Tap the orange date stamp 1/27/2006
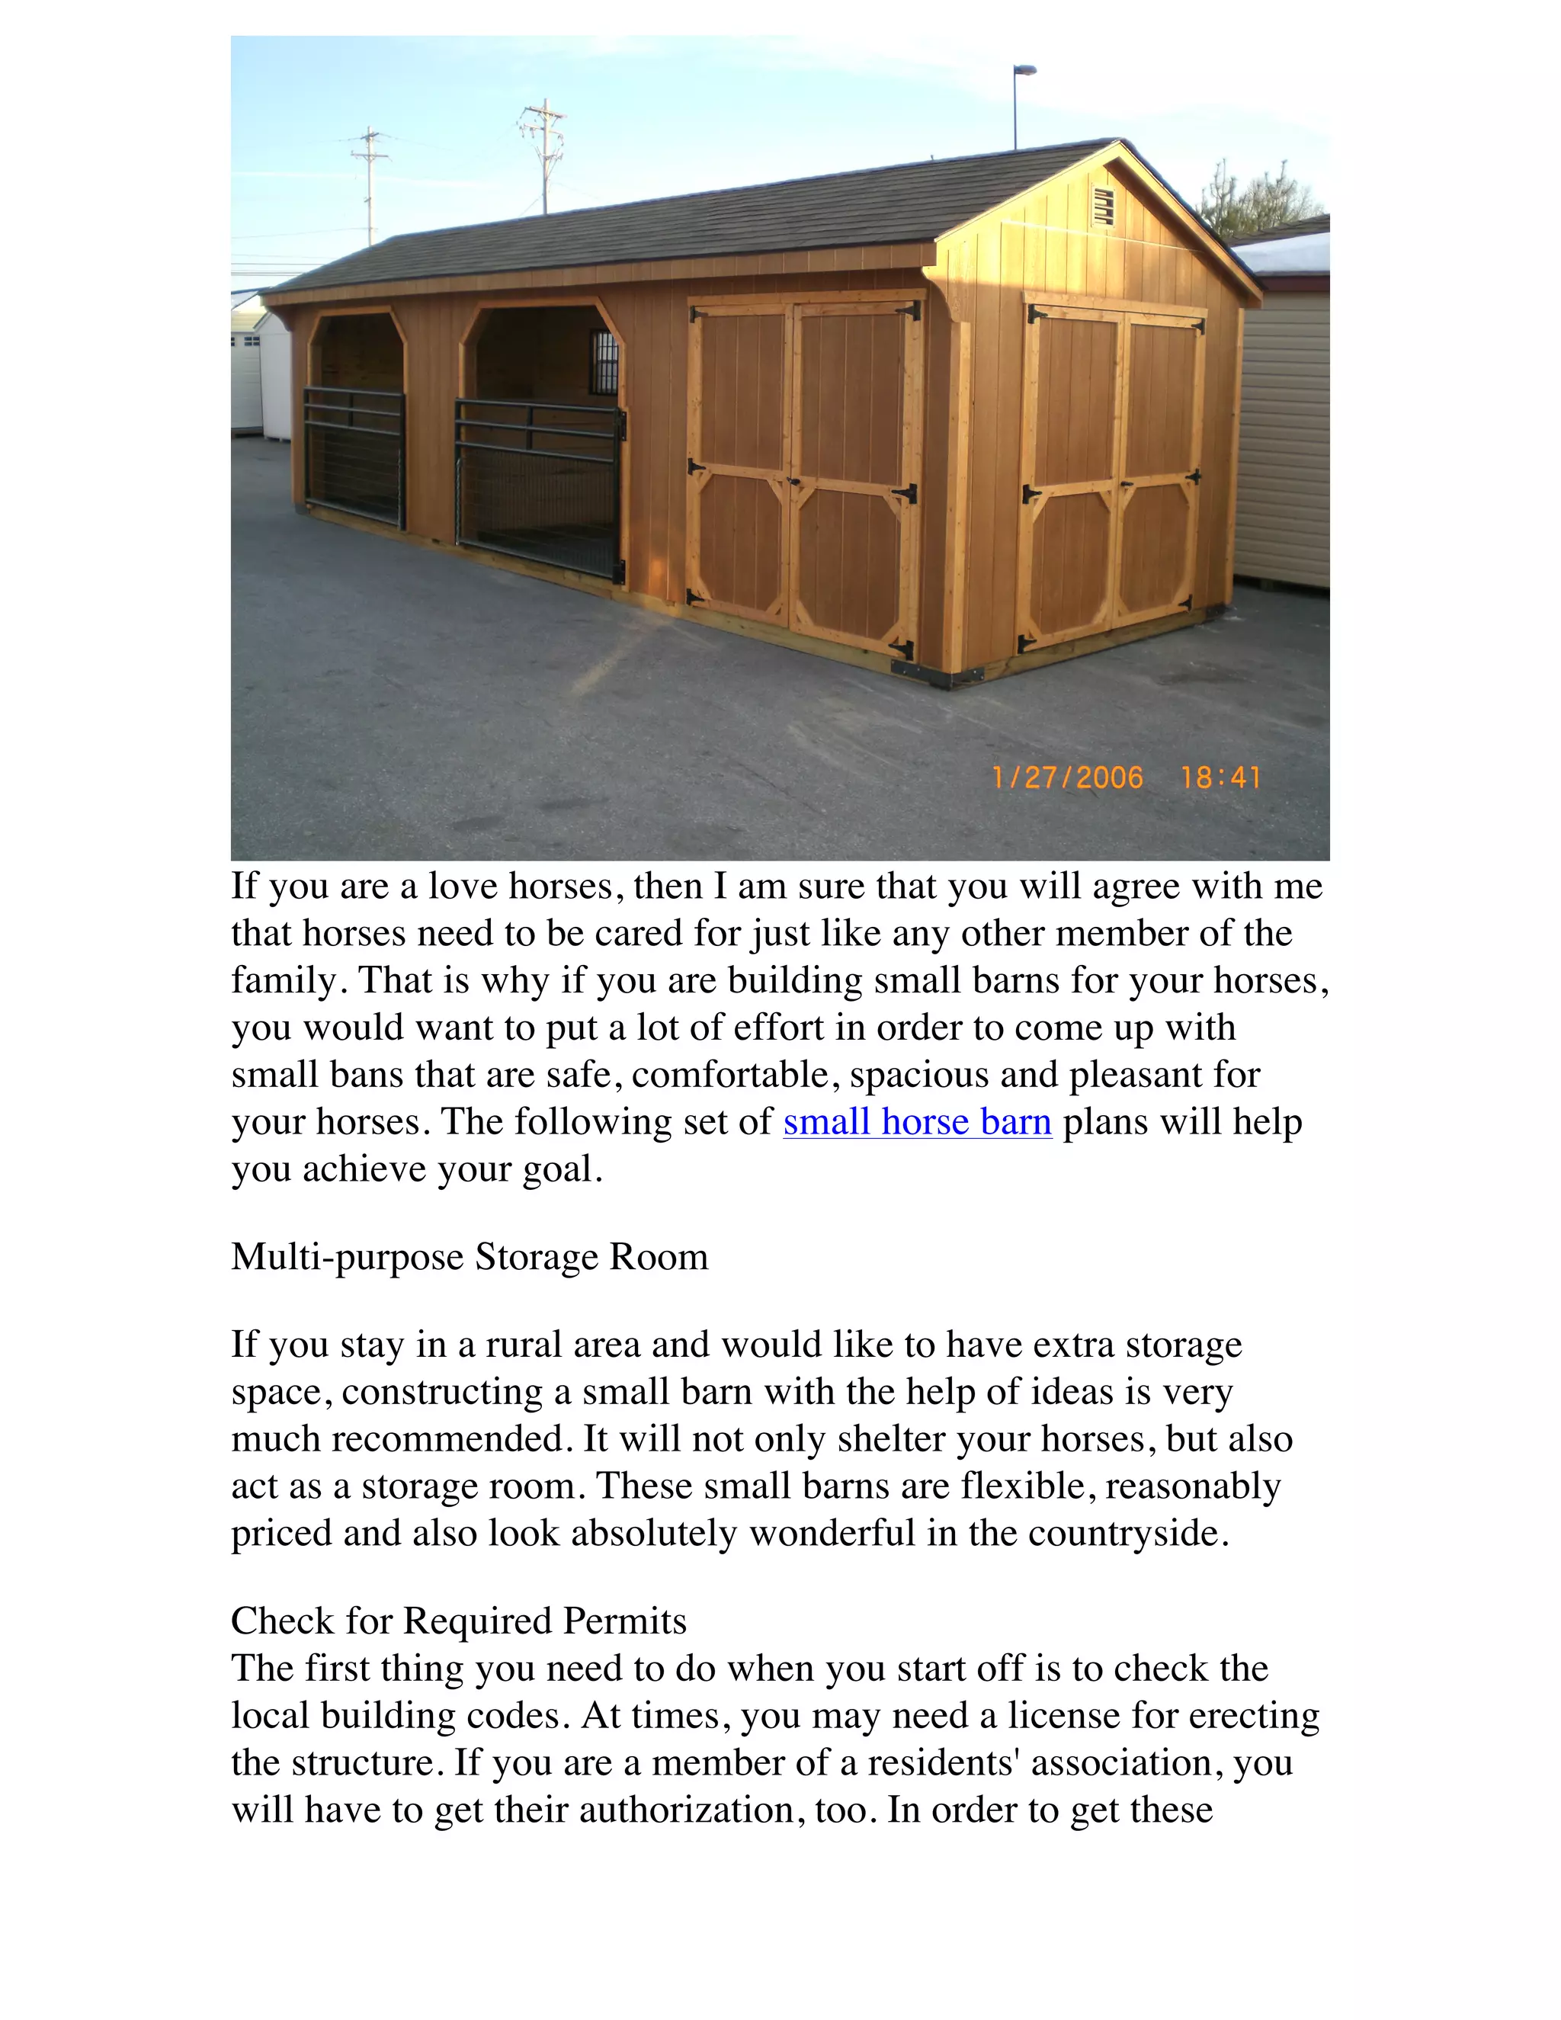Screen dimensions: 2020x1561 point(1066,777)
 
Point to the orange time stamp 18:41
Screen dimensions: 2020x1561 point(1221,777)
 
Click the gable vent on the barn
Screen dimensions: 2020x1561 point(1102,207)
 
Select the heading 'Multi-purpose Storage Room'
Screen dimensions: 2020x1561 point(469,1257)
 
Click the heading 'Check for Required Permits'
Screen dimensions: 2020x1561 point(458,1621)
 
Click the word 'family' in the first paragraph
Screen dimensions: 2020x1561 point(283,980)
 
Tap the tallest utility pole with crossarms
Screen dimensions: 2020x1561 point(543,156)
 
